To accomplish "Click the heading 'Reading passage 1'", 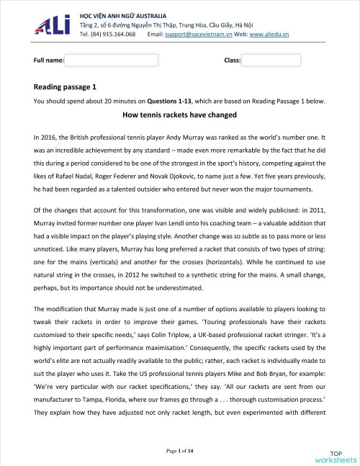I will pos(64,86).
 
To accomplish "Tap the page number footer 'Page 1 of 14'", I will pos(180,450).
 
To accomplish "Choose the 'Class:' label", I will pos(232,60).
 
